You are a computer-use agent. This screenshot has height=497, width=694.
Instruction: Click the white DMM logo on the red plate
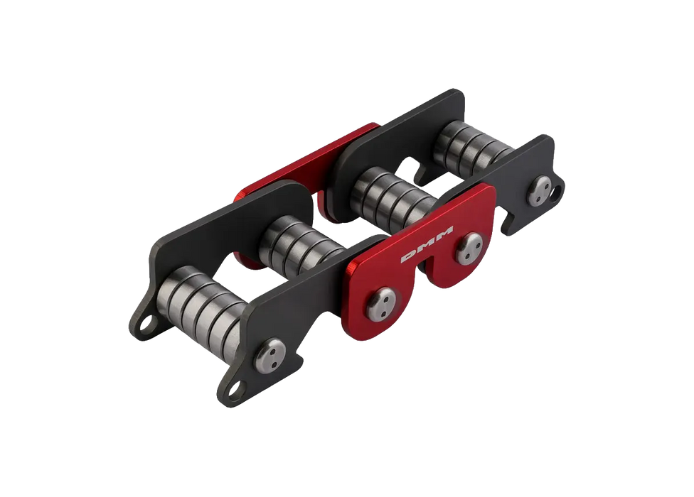tap(427, 244)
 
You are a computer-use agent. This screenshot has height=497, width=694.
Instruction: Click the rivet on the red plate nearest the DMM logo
tap(470, 248)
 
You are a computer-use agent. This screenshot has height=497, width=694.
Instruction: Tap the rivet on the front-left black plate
tap(270, 356)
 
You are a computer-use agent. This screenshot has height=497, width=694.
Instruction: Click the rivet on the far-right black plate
tap(540, 191)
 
